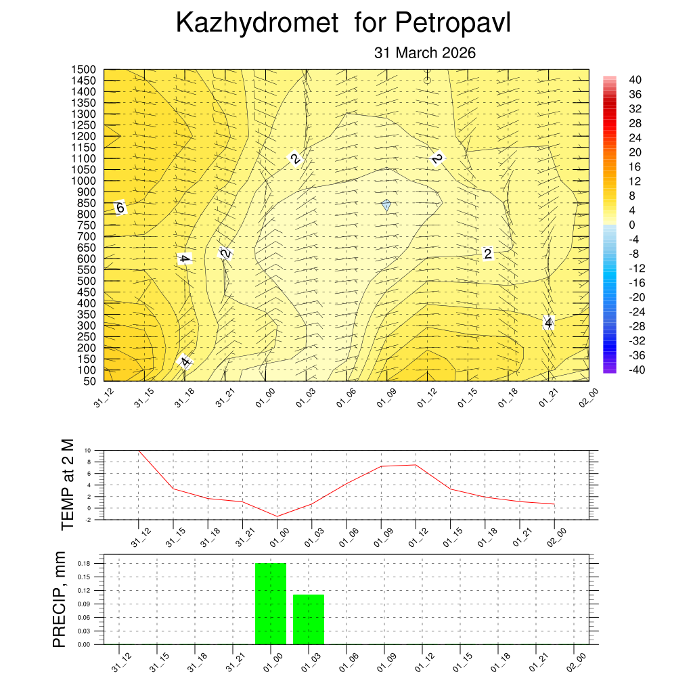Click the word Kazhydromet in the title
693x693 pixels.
(x=257, y=23)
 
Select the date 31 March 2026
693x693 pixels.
(x=425, y=53)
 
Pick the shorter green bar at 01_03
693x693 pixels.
(x=309, y=619)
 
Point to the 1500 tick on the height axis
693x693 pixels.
(x=85, y=70)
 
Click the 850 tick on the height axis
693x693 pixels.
(x=87, y=203)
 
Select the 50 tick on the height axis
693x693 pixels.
(x=90, y=381)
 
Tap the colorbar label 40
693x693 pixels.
(x=635, y=80)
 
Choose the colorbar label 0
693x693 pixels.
(x=631, y=225)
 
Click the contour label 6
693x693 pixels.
(x=120, y=208)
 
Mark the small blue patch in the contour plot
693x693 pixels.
(x=386, y=205)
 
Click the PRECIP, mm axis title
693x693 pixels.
(x=60, y=600)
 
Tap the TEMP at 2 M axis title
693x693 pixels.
(x=66, y=484)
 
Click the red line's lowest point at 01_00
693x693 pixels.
(x=277, y=516)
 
